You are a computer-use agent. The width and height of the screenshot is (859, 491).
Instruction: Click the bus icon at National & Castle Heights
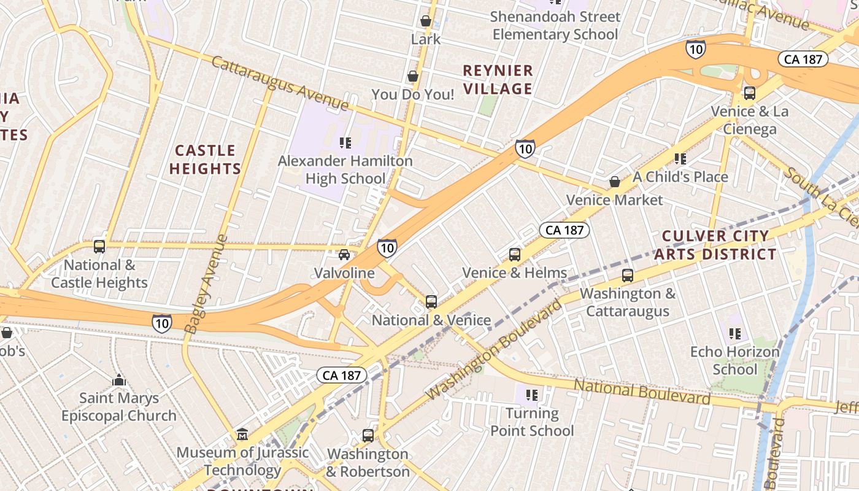pyautogui.click(x=99, y=247)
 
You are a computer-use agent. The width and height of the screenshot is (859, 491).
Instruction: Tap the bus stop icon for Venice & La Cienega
pyautogui.click(x=749, y=93)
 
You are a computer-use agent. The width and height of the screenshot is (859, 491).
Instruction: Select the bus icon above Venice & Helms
pyautogui.click(x=515, y=254)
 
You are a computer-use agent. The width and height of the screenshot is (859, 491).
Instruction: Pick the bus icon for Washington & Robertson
pyautogui.click(x=368, y=436)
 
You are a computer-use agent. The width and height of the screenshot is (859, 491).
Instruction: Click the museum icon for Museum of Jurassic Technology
pyautogui.click(x=242, y=435)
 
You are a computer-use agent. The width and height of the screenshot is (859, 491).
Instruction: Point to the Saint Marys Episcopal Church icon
pyautogui.click(x=119, y=380)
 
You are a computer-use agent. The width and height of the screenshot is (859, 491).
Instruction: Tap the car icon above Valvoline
pyautogui.click(x=344, y=255)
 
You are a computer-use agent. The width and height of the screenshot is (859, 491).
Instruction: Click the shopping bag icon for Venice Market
pyautogui.click(x=615, y=182)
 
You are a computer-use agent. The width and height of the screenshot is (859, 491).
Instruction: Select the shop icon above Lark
pyautogui.click(x=426, y=21)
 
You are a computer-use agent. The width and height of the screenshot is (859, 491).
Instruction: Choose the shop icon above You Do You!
pyautogui.click(x=413, y=76)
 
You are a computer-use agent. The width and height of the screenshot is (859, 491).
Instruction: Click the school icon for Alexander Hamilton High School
pyautogui.click(x=345, y=143)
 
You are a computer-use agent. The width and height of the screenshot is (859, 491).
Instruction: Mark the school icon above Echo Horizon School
pyautogui.click(x=735, y=334)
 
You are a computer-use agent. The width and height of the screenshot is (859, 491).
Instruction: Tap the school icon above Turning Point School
pyautogui.click(x=532, y=395)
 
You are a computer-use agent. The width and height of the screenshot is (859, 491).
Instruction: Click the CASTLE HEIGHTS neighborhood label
pyautogui.click(x=205, y=160)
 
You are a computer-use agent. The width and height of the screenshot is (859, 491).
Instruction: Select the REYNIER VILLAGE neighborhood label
pyautogui.click(x=498, y=80)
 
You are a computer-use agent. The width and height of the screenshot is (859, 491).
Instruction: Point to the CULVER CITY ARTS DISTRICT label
pyautogui.click(x=715, y=245)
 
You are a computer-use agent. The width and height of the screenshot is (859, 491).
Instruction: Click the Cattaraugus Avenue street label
pyautogui.click(x=280, y=83)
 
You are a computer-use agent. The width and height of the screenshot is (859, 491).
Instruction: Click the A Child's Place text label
pyautogui.click(x=680, y=177)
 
